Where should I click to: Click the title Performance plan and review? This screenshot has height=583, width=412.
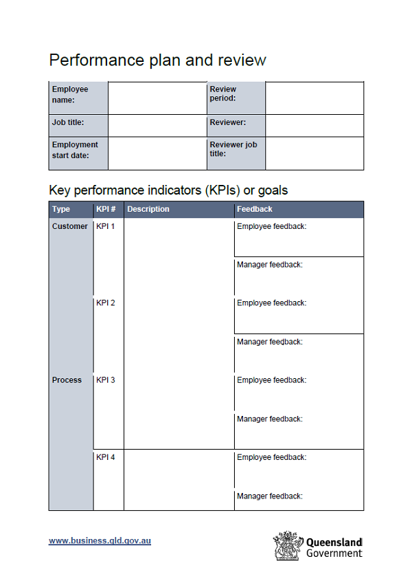coord(157,60)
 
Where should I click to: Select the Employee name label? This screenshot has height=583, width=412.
coord(70,94)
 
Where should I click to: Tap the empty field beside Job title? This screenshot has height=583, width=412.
coord(157,125)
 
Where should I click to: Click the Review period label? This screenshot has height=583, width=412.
coord(223,93)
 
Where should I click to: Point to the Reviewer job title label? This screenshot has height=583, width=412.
coord(233,149)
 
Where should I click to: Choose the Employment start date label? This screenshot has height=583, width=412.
coord(75,149)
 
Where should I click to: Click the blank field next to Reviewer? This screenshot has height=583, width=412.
coord(314,125)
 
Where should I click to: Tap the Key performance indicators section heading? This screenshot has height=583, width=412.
coord(168,190)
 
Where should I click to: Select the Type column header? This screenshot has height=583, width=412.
coord(61,209)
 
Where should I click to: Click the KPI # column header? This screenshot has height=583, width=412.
coord(106,209)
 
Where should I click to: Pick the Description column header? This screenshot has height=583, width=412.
coord(148,209)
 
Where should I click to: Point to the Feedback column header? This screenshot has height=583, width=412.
coord(255,209)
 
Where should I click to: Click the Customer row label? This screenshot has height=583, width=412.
coord(70,226)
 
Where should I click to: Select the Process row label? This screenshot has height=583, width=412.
coord(67,380)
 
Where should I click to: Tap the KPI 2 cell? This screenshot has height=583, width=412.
coord(105,303)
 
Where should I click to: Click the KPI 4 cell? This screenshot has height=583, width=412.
coord(105,457)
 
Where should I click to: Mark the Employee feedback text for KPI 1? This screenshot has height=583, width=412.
coord(271,226)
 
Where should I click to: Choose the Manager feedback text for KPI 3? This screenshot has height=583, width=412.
coord(269,419)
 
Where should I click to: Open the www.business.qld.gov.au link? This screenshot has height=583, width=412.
coord(100,540)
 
